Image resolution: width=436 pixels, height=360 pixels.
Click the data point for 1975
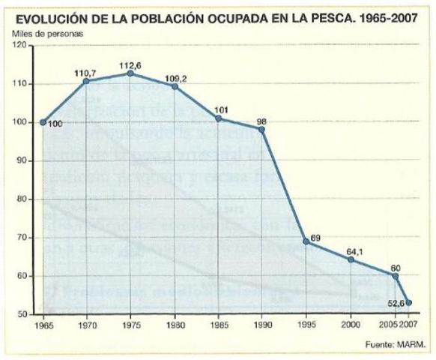[x=130, y=73]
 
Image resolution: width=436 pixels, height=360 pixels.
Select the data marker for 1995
[x=306, y=241]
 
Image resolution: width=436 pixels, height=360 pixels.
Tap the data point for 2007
[x=409, y=303]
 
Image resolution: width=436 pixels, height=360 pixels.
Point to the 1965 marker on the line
[x=43, y=122]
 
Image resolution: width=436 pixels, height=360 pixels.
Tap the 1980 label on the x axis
[x=174, y=326]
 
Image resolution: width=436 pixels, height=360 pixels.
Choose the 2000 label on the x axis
[x=348, y=326]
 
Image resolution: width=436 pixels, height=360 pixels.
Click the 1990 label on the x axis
[x=261, y=326]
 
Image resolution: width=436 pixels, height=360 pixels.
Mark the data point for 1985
[x=218, y=118]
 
